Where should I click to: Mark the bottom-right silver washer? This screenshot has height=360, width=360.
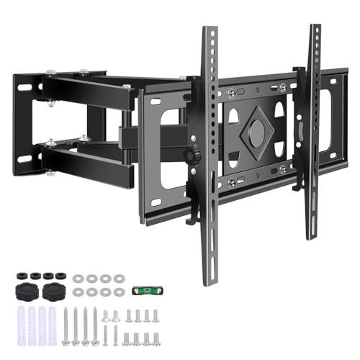pos(119,292)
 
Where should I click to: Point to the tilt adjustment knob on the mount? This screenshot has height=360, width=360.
pos(190,157)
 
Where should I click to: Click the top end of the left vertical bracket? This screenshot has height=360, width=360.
pos(209,32)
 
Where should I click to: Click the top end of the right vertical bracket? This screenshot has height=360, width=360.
pos(315,29)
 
